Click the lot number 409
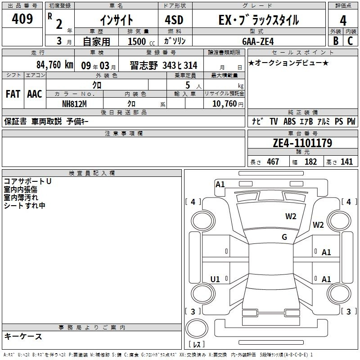[22, 19]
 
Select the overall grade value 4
[343, 21]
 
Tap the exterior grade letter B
[336, 41]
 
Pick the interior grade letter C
[350, 41]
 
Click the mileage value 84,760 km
[55, 65]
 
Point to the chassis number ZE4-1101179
[302, 143]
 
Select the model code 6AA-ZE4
[258, 41]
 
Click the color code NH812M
[74, 104]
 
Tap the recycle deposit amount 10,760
[225, 104]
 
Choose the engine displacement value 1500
[137, 41]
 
